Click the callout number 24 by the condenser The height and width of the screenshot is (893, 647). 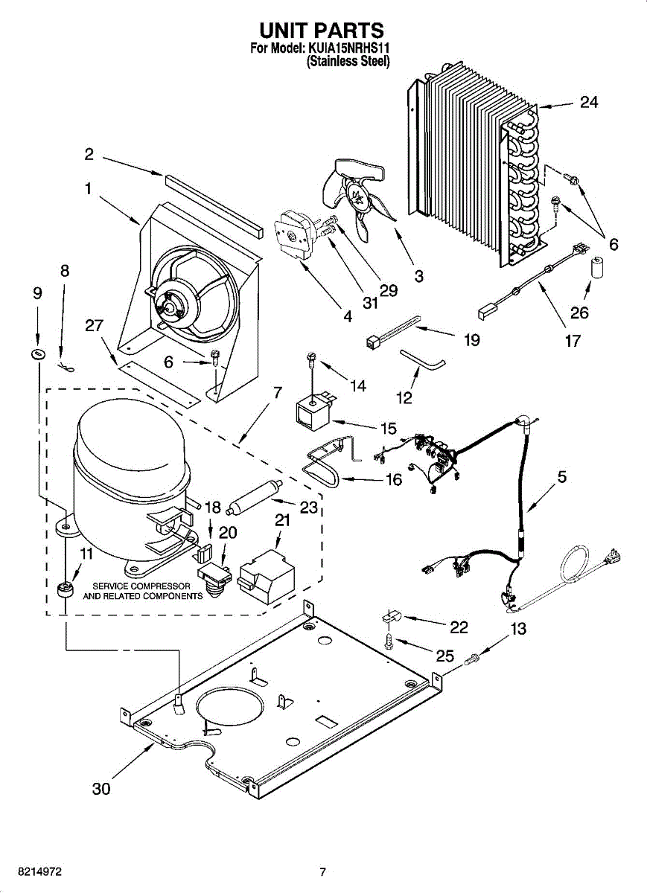588,102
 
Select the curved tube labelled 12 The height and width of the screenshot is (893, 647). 422,359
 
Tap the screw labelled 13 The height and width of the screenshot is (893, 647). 472,658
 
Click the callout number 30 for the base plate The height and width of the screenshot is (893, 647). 101,789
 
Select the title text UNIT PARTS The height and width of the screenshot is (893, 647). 322,31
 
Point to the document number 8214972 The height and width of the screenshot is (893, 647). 31,871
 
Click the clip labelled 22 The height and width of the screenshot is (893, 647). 392,617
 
